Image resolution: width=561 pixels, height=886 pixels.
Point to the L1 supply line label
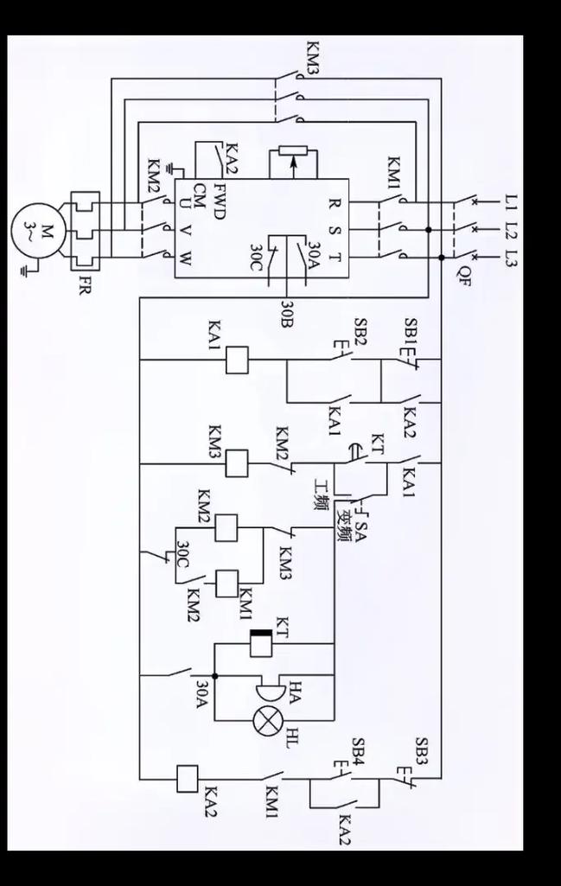tap(511, 205)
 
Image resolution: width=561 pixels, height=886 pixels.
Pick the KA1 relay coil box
tap(237, 360)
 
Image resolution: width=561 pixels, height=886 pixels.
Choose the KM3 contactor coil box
tap(237, 463)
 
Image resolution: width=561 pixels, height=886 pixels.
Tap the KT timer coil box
tap(260, 643)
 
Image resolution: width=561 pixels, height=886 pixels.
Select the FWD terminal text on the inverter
tap(220, 201)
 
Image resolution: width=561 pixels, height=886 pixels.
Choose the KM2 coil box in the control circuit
tap(226, 526)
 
